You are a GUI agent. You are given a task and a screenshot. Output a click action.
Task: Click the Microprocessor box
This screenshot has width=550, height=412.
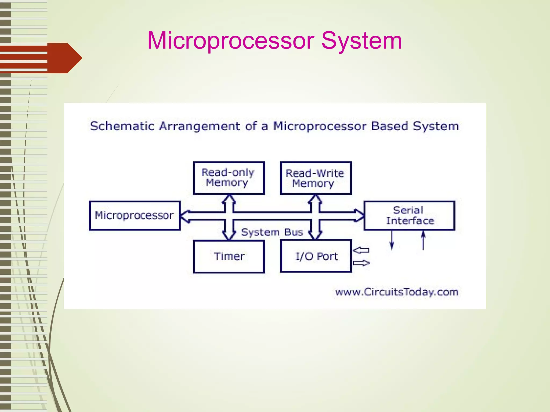135,215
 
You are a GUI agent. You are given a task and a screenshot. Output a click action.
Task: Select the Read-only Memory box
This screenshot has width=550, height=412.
229,178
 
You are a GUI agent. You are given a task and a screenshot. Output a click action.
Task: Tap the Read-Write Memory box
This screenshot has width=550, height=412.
316,178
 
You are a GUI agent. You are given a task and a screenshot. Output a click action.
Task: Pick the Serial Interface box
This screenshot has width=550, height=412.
409,215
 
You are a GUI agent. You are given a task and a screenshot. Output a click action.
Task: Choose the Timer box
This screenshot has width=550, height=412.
229,256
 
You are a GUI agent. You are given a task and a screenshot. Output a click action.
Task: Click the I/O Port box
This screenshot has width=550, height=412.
316,256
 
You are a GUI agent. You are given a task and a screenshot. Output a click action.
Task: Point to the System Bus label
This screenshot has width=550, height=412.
272,232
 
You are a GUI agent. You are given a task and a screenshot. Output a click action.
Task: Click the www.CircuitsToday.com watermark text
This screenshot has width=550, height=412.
396,292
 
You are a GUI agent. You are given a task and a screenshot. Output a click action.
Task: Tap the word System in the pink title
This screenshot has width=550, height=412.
361,41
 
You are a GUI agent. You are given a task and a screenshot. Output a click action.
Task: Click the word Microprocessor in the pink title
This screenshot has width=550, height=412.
231,41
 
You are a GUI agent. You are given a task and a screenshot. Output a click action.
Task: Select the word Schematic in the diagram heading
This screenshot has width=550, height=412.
122,126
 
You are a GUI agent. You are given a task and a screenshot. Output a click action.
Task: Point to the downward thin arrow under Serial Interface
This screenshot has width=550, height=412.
392,240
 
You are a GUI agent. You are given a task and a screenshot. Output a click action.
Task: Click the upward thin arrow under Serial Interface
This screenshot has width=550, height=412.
423,240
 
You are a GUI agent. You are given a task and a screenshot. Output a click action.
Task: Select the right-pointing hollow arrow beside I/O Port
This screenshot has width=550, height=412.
361,263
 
